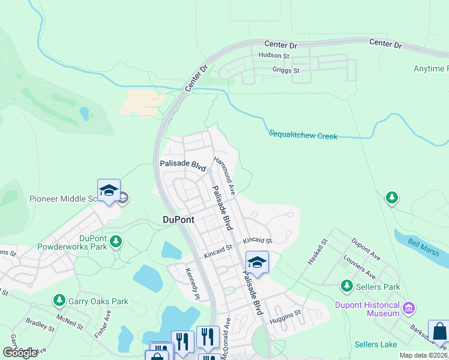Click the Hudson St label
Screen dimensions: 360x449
[274, 56]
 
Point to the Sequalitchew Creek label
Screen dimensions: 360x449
[303, 135]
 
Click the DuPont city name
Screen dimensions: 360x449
[178, 220]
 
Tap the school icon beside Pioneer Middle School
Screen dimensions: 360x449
[109, 191]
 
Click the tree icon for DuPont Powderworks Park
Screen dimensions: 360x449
[116, 242]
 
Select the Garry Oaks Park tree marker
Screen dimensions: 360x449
[59, 299]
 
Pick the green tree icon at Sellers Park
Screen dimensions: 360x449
[346, 286]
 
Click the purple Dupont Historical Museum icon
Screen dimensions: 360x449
[409, 308]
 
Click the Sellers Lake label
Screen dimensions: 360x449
[375, 344]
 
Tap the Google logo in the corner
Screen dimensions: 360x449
[20, 353]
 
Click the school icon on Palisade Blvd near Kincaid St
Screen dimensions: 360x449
[257, 263]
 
